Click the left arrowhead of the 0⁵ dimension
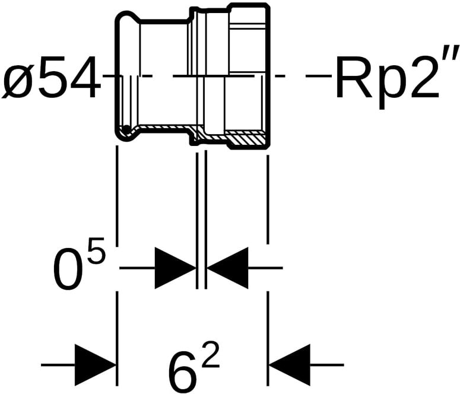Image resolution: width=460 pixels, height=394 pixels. pyautogui.click(x=175, y=268)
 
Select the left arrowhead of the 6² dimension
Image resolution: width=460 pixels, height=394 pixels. pyautogui.click(x=94, y=363)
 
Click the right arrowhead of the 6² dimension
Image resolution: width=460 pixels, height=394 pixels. pyautogui.click(x=290, y=363)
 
